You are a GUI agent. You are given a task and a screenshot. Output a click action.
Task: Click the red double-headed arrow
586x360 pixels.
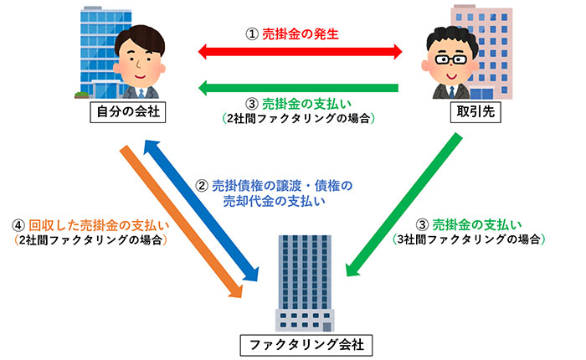click(x=301, y=52)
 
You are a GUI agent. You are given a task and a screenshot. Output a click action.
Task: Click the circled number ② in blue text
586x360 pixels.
click(x=202, y=186)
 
